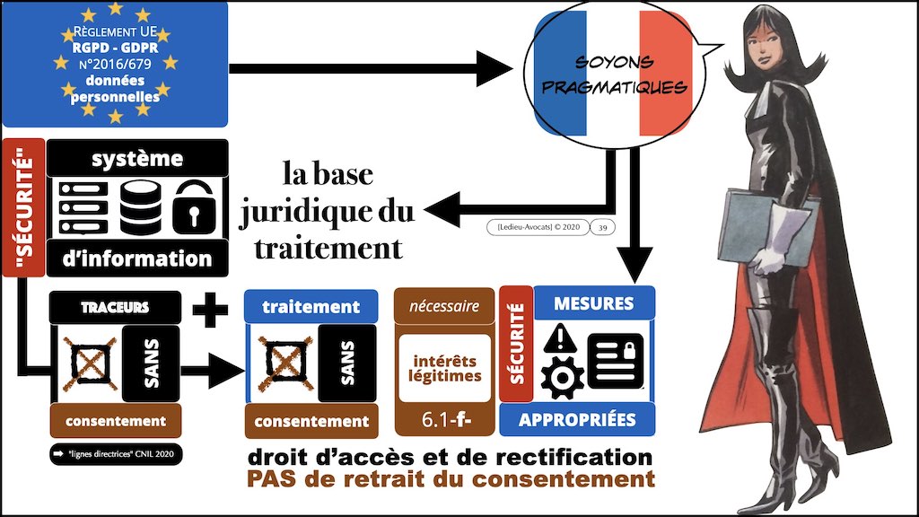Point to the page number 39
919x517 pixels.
click(603, 227)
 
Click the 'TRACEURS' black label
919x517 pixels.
click(114, 307)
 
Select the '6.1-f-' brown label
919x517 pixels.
click(447, 418)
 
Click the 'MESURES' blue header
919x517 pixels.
click(594, 303)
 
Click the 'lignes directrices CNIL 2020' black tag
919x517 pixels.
click(115, 455)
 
